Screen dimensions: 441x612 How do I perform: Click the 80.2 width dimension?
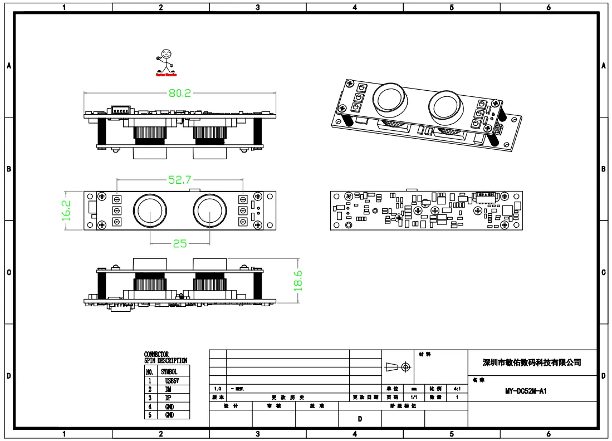(x=180, y=94)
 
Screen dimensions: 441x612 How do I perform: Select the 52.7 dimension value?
(x=180, y=180)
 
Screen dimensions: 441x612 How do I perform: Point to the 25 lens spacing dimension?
(x=179, y=243)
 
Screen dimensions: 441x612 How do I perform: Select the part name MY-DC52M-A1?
(x=526, y=391)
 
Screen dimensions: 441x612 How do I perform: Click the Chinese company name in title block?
(x=531, y=362)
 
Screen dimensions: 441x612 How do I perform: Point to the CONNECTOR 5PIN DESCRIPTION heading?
(x=165, y=357)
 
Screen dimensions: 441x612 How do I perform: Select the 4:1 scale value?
(x=457, y=388)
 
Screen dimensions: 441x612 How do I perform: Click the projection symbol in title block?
(x=398, y=367)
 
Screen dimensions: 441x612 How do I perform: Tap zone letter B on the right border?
(x=604, y=169)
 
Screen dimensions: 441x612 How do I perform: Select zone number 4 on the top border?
(x=355, y=8)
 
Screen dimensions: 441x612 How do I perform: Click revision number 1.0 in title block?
(x=218, y=388)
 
